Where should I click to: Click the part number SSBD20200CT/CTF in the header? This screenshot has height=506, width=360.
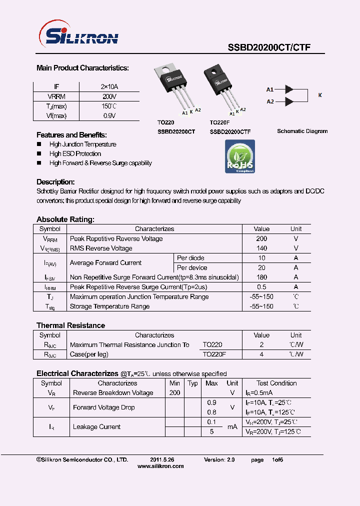(x=269, y=47)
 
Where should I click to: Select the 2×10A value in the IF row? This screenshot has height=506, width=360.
(x=109, y=87)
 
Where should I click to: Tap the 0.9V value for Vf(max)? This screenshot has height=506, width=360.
(x=109, y=116)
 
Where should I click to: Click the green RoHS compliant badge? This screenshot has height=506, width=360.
(x=240, y=156)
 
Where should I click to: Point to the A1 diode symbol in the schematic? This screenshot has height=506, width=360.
(x=289, y=89)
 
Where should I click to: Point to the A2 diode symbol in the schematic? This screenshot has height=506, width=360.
(x=289, y=101)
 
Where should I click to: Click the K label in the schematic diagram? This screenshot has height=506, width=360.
(x=320, y=95)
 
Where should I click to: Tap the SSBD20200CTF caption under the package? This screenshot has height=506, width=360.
(x=230, y=132)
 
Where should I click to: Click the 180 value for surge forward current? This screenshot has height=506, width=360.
(x=261, y=277)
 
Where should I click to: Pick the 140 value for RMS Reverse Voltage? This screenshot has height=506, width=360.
(x=261, y=248)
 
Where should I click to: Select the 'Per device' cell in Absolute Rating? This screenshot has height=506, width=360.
(x=192, y=268)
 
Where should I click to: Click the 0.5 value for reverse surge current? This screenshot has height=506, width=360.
(x=261, y=287)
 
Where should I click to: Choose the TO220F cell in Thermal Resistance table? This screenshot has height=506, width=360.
(x=214, y=354)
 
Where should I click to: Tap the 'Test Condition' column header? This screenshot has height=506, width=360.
(x=276, y=383)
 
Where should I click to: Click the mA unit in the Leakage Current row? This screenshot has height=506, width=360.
(x=232, y=427)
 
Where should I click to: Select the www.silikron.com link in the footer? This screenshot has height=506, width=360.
(x=160, y=466)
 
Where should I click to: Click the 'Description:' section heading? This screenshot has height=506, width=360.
(x=55, y=182)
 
